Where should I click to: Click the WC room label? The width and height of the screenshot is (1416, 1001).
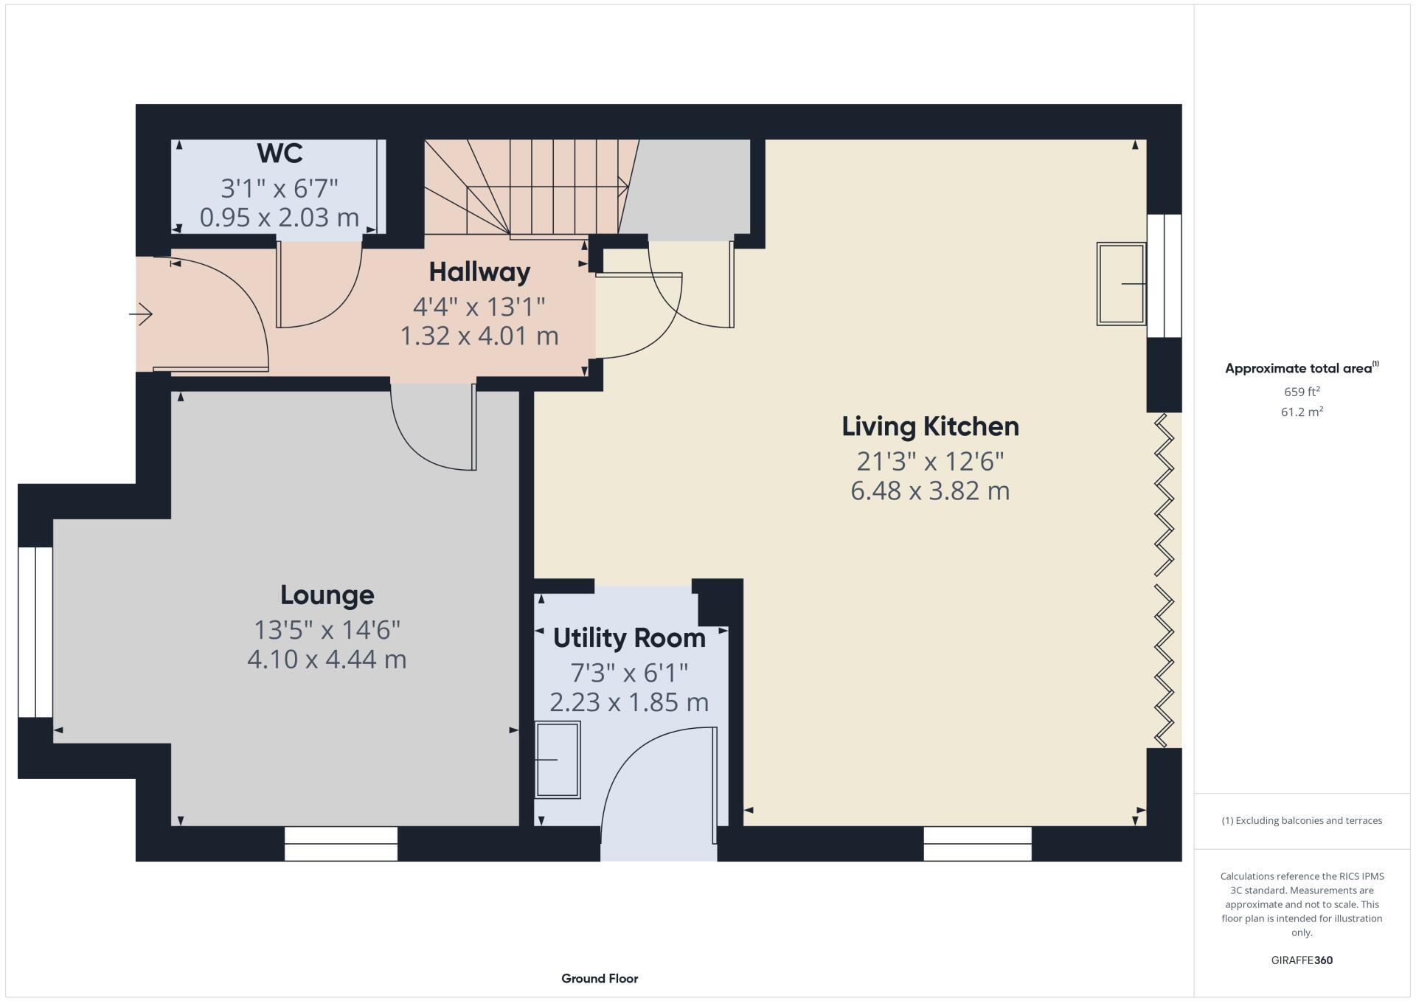coord(280,153)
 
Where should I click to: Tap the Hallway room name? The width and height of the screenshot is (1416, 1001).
coord(479,272)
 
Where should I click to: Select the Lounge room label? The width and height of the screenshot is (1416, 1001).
coord(327,595)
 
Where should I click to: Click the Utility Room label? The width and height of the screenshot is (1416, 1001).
coord(629,638)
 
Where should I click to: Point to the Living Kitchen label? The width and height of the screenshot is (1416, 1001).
coord(930,426)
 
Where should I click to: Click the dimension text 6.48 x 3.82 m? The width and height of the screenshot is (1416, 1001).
coord(930,491)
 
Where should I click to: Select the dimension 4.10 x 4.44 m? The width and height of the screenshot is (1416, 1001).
coord(327,659)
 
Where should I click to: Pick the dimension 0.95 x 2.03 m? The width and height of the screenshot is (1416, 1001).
coord(280,218)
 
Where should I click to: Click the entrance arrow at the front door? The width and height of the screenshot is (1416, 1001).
coord(141,315)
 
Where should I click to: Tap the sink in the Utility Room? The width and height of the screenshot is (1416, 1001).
coord(558,759)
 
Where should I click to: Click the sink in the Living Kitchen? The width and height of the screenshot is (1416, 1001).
coord(1121,284)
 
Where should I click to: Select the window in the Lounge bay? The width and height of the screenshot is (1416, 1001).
coord(35,632)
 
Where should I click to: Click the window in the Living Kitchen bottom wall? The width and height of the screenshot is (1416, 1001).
coord(977,843)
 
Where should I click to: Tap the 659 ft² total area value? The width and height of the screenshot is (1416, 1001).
coord(1302,392)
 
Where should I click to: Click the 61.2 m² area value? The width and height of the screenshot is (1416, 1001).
coord(1302,412)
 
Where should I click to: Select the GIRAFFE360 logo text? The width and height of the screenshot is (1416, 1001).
coord(1302,960)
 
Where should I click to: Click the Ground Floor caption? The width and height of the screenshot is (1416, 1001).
coord(600,979)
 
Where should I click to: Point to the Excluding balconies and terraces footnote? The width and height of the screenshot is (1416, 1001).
coord(1302,820)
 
